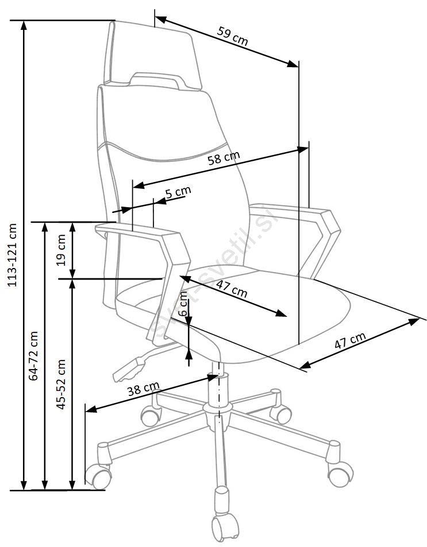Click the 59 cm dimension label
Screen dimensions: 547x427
[233, 36]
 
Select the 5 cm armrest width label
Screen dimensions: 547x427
[178, 192]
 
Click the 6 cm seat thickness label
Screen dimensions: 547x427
[183, 304]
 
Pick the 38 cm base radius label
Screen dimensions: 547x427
[143, 390]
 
